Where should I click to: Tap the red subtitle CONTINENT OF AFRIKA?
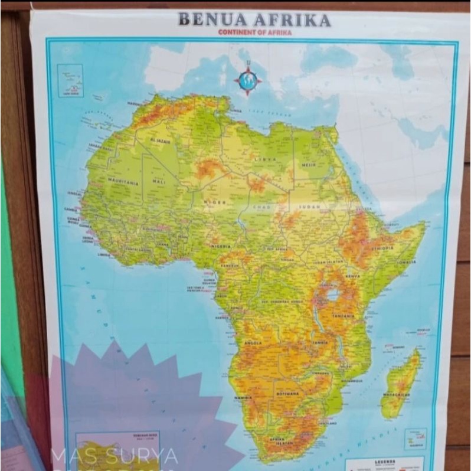pyautogui.click(x=255, y=32)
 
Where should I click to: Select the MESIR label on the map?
pyautogui.click(x=309, y=165)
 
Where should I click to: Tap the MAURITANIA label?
pyautogui.click(x=123, y=182)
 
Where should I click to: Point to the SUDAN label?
pyautogui.click(x=309, y=207)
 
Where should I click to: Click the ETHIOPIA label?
pyautogui.click(x=382, y=248)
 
